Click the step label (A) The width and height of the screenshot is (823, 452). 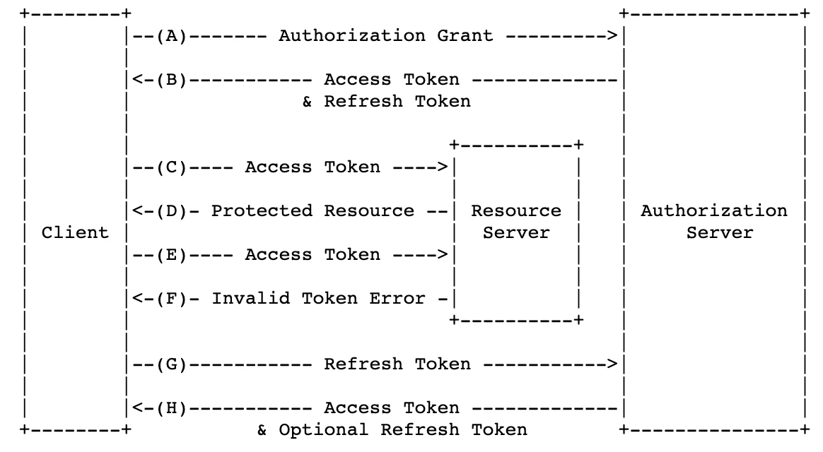(x=172, y=36)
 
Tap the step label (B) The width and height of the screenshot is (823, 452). (x=172, y=81)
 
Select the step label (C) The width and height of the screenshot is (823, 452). (x=172, y=168)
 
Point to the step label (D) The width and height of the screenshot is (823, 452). (x=172, y=211)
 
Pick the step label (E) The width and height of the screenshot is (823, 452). (x=172, y=256)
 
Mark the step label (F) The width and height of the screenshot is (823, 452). (x=172, y=299)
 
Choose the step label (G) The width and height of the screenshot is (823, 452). (x=172, y=364)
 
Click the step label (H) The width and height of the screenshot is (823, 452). (x=172, y=408)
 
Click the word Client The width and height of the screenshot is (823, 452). (x=75, y=232)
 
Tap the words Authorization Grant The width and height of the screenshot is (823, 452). (x=386, y=35)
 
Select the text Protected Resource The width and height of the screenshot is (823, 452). (x=313, y=210)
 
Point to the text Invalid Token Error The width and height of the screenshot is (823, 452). (x=319, y=298)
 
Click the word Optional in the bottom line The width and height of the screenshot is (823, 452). (x=323, y=430)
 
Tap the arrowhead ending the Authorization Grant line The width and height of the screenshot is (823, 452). (x=612, y=36)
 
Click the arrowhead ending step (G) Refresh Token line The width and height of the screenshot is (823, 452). (x=612, y=364)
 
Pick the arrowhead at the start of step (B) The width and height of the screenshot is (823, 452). (x=137, y=81)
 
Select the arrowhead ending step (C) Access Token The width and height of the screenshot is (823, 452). (x=443, y=168)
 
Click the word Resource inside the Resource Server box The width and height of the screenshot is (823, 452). (x=516, y=210)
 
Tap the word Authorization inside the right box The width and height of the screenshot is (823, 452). (x=714, y=210)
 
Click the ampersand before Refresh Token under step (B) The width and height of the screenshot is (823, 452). (x=307, y=102)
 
